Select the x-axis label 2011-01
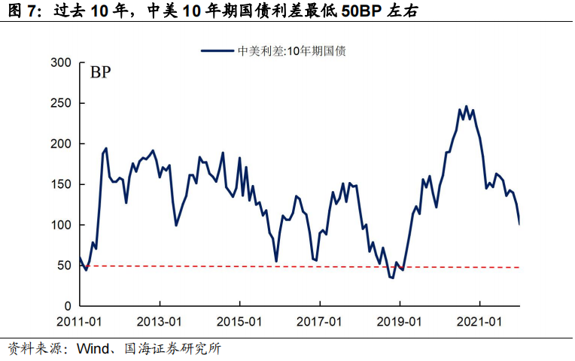(x=80, y=322)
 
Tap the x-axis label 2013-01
(x=160, y=322)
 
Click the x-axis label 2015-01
(x=240, y=322)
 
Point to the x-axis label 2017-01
(x=321, y=322)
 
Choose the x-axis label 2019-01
(x=400, y=322)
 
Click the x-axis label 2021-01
(x=481, y=322)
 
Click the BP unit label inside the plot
(x=102, y=73)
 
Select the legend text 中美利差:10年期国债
(x=291, y=51)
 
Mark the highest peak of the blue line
(x=466, y=106)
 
